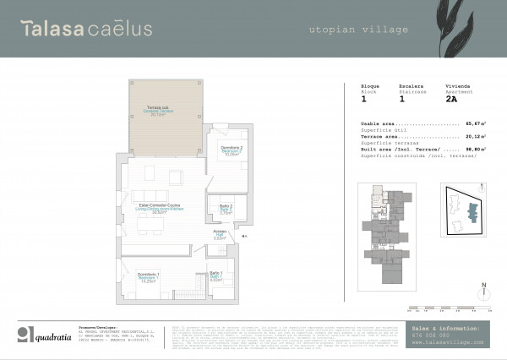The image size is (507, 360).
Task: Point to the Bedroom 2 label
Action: tap(231, 151)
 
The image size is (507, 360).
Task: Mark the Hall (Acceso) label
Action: tap(219, 236)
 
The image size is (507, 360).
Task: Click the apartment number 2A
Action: tap(451, 99)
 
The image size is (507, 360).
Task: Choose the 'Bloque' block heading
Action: tap(370, 86)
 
